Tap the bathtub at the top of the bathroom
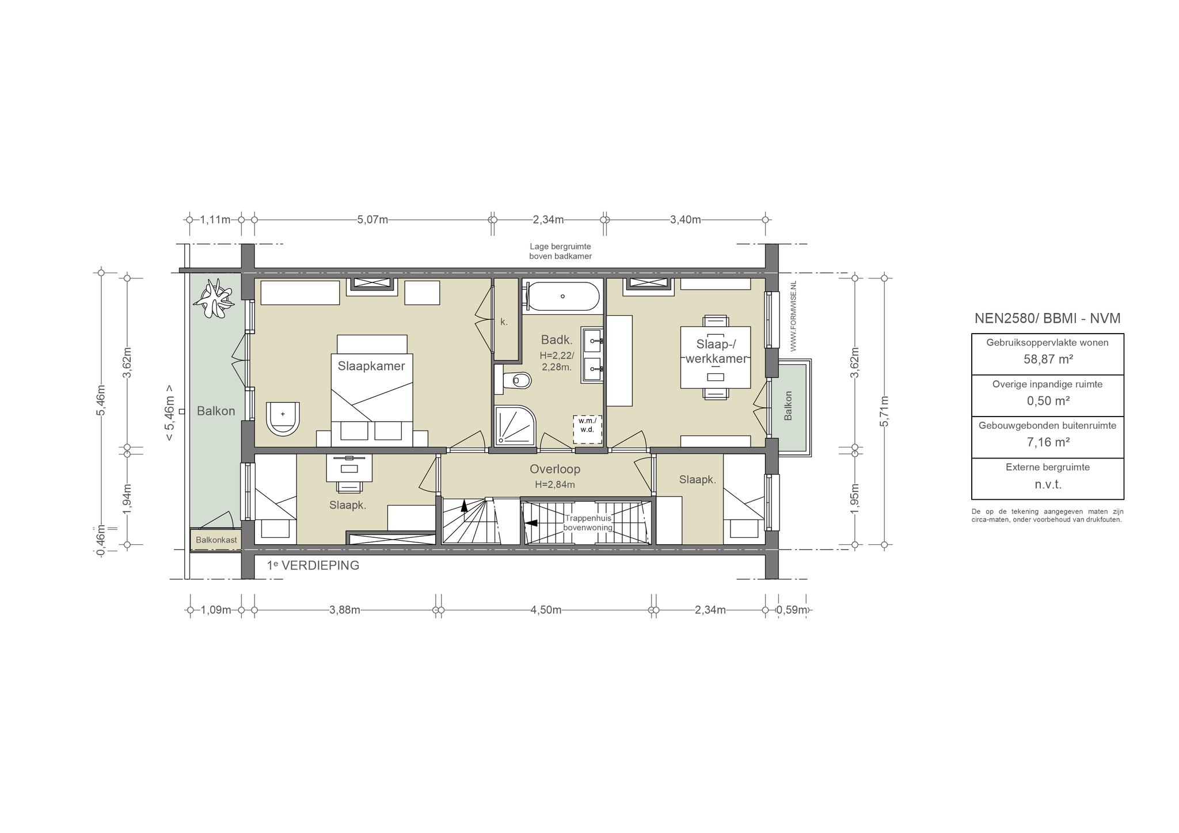point(562,296)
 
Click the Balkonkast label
point(216,540)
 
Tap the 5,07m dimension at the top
point(372,220)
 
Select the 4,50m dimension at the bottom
point(546,610)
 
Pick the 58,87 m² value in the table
point(1048,359)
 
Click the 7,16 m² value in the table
point(1048,442)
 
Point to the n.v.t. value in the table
point(1048,484)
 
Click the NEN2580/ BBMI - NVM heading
point(1047,318)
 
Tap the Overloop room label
point(555,469)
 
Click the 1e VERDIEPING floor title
point(313,565)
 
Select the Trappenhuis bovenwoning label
point(588,523)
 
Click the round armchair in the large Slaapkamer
point(283,418)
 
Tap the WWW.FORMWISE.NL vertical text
point(793,316)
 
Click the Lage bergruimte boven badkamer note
point(560,251)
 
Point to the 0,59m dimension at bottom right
point(792,610)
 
